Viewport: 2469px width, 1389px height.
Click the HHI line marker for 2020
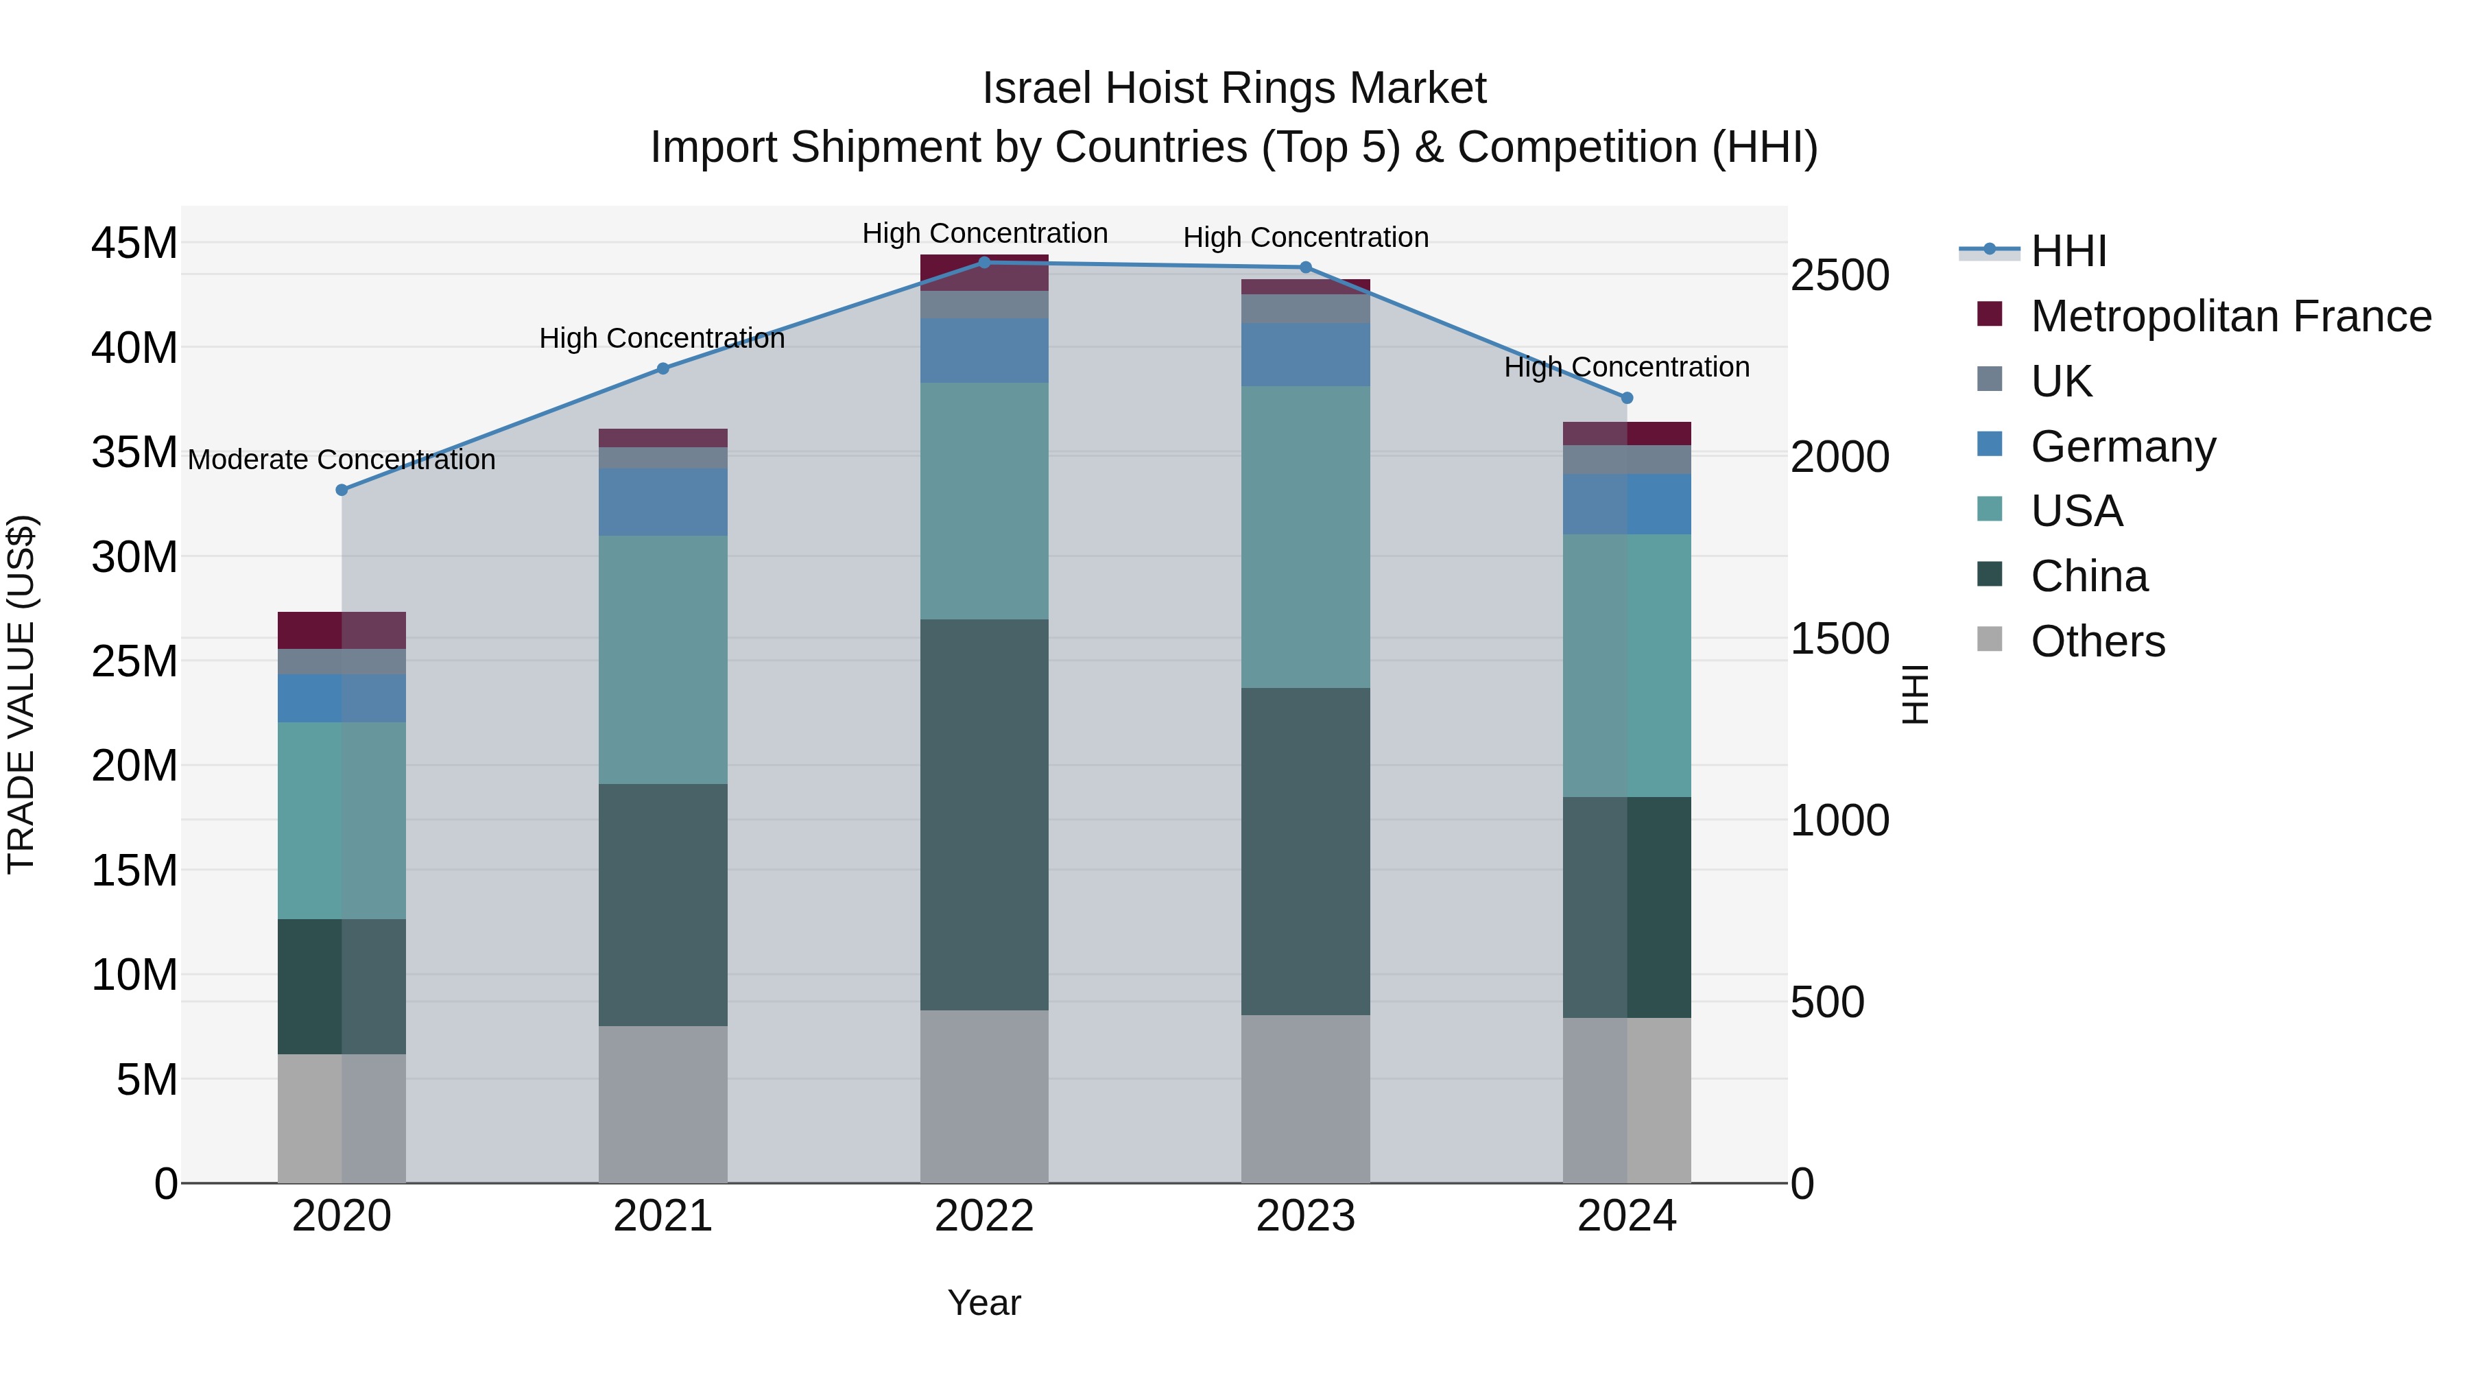pyautogui.click(x=342, y=490)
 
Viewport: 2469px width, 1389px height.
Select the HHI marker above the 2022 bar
pyautogui.click(x=984, y=262)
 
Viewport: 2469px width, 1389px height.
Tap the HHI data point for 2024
pyautogui.click(x=1627, y=398)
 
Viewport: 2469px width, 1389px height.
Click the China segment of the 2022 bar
pyautogui.click(x=984, y=815)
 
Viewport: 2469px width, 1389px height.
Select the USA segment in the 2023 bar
pyautogui.click(x=1305, y=537)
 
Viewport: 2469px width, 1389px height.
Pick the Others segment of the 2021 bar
pyautogui.click(x=663, y=1104)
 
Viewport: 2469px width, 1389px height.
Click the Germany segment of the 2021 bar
pyautogui.click(x=663, y=501)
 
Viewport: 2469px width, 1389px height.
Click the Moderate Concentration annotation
pyautogui.click(x=342, y=460)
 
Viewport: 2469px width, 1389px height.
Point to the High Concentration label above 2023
pyautogui.click(x=1305, y=238)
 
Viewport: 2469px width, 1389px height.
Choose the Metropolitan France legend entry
pyautogui.click(x=2230, y=316)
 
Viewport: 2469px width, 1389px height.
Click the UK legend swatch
pyautogui.click(x=1990, y=379)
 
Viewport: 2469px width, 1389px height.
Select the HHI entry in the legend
pyautogui.click(x=2068, y=251)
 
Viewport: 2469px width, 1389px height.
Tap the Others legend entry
pyautogui.click(x=2097, y=641)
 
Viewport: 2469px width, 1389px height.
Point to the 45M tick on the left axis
pyautogui.click(x=134, y=244)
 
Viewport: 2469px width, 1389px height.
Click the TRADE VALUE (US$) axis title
pyautogui.click(x=21, y=694)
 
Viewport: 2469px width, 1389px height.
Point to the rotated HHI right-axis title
pyautogui.click(x=1914, y=694)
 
